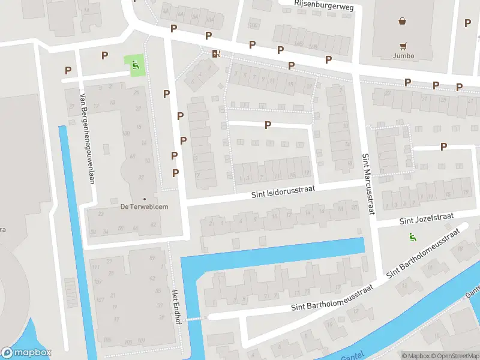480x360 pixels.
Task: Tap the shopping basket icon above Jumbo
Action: pyautogui.click(x=402, y=21)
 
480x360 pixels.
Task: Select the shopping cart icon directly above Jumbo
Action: pyautogui.click(x=404, y=45)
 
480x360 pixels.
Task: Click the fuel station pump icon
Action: pyautogui.click(x=216, y=53)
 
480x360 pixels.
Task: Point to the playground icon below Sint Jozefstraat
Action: pyautogui.click(x=412, y=236)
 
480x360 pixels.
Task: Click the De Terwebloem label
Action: pyautogui.click(x=144, y=206)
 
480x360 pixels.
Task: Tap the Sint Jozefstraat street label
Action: pyautogui.click(x=428, y=218)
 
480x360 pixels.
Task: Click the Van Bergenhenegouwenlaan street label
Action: pyautogui.click(x=86, y=137)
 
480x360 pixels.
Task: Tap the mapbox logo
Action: pyautogui.click(x=26, y=353)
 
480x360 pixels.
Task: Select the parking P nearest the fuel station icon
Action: pyautogui.click(x=208, y=36)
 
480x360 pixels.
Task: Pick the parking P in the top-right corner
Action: pyautogui.click(x=467, y=23)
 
